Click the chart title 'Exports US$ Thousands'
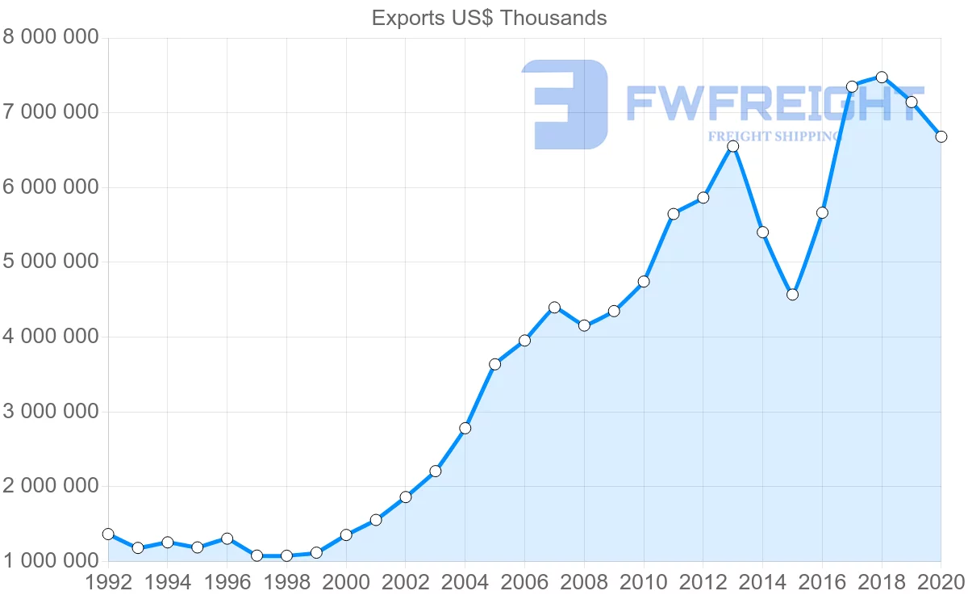point(489,18)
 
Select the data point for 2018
point(882,78)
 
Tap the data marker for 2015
point(792,295)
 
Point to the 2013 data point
point(732,146)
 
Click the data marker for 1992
point(108,534)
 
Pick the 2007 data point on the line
point(554,308)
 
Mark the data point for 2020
point(941,136)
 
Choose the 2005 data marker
point(494,364)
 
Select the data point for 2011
point(674,214)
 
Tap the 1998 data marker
point(286,555)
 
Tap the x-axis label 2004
point(465,583)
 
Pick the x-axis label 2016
point(822,583)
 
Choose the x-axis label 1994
point(168,583)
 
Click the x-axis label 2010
point(644,583)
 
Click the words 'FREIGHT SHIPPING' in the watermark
point(774,136)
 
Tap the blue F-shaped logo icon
point(565,104)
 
